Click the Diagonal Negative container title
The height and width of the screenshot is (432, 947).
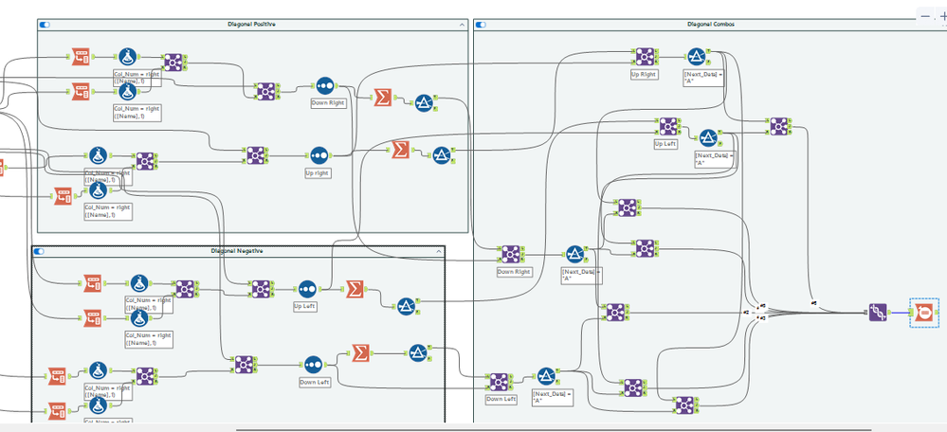point(237,251)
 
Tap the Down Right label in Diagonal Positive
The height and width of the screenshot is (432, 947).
point(326,102)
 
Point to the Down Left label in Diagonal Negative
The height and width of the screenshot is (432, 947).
point(316,382)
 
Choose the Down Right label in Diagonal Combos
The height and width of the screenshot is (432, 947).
point(512,271)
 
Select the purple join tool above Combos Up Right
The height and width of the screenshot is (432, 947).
point(646,56)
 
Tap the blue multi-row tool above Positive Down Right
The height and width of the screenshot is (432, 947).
point(325,85)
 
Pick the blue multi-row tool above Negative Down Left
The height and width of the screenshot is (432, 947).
point(314,364)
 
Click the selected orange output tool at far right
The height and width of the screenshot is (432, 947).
point(922,311)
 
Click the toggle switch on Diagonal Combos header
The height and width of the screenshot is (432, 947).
point(482,24)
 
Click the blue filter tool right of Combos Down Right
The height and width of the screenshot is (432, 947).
point(575,253)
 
